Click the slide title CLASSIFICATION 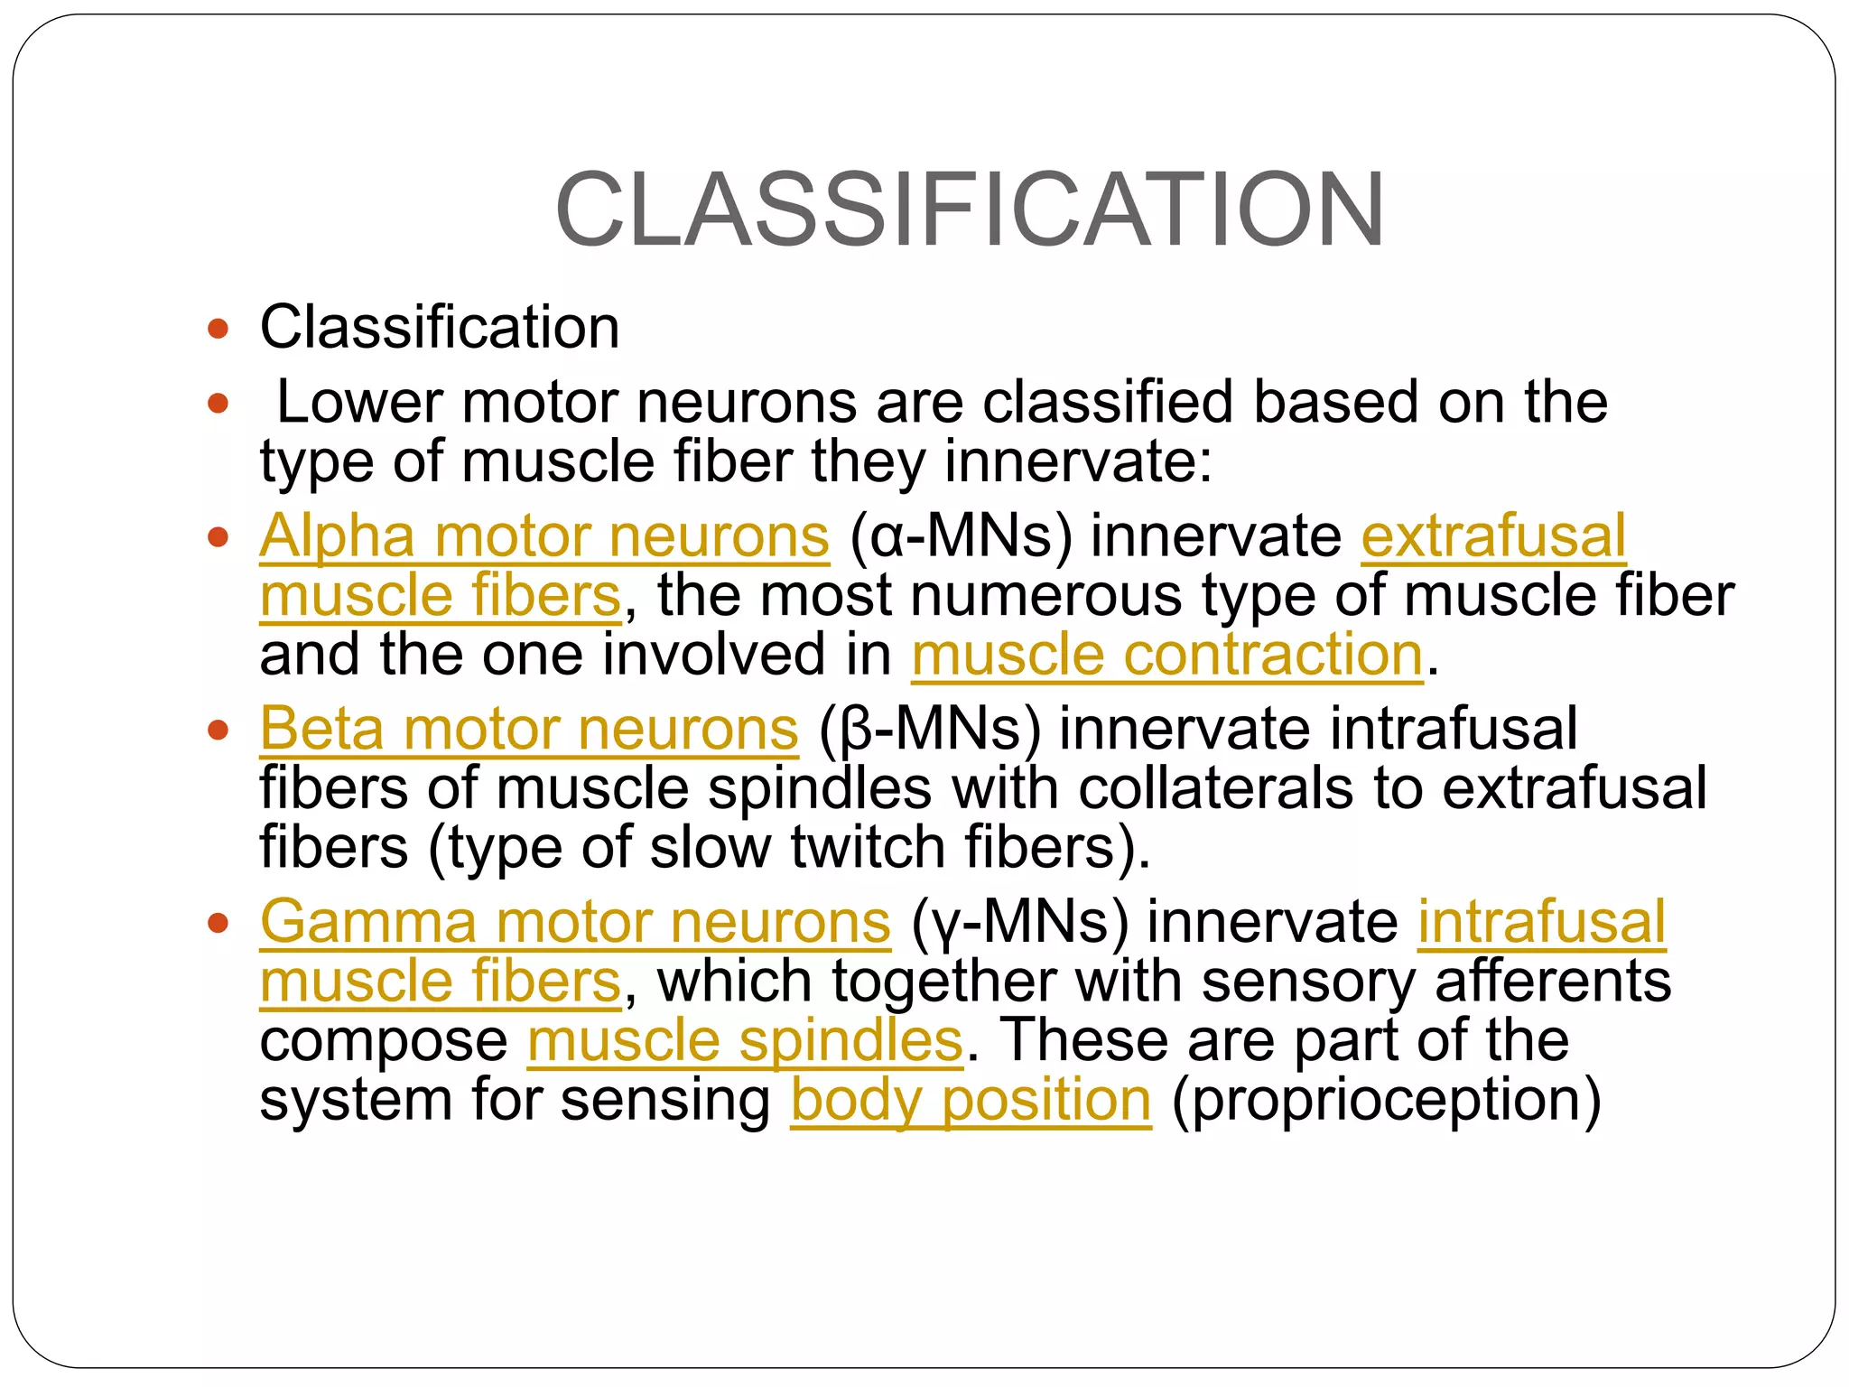tap(970, 209)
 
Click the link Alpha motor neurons tap(544, 536)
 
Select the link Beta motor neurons tap(529, 729)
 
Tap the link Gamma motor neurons tap(575, 922)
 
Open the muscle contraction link tap(1166, 655)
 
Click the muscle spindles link tap(745, 1040)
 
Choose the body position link tap(971, 1100)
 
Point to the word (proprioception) tap(1386, 1100)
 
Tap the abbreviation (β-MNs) tap(930, 729)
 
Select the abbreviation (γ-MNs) tap(1020, 922)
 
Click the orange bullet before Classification tap(218, 328)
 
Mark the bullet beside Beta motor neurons tap(218, 730)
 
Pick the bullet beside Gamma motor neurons tap(218, 923)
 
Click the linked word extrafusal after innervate tap(1493, 536)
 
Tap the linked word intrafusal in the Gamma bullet tap(1541, 922)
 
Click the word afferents tap(1553, 982)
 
